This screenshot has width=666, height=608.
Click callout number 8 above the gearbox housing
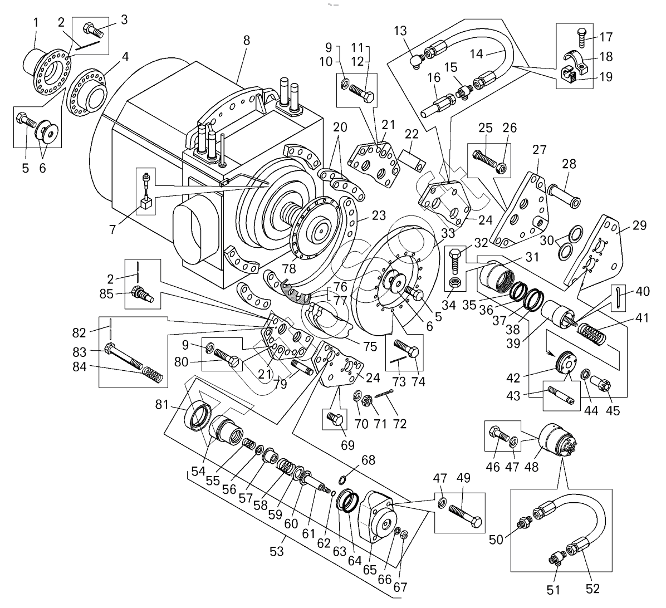[247, 41]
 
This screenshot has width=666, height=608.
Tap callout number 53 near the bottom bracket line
[277, 552]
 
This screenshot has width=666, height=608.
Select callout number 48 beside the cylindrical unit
[531, 467]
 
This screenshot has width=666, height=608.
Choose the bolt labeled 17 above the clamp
[581, 36]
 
